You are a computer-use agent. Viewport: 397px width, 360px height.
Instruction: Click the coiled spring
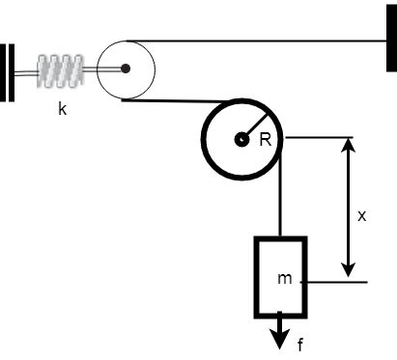61,69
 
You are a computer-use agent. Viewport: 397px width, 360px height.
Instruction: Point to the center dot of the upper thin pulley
126,69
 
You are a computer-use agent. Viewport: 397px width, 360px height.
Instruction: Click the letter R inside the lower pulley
265,140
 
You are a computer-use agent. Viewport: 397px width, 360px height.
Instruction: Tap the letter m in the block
284,278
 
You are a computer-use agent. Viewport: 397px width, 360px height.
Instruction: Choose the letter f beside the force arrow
299,345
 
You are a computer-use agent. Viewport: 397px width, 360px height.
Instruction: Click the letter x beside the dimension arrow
361,216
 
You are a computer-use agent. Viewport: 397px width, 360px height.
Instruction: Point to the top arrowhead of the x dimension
350,146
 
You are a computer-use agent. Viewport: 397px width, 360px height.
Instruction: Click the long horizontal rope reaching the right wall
261,40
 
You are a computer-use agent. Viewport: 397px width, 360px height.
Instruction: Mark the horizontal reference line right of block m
338,282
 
